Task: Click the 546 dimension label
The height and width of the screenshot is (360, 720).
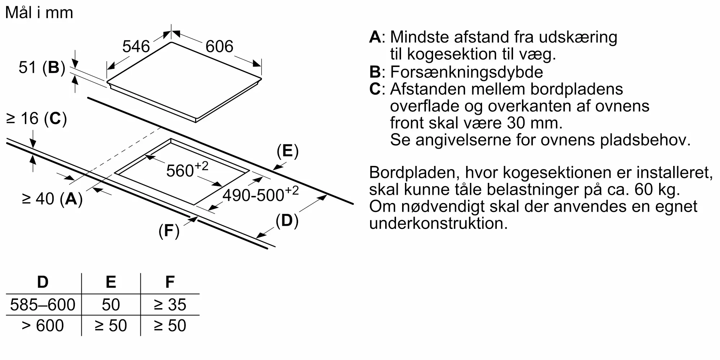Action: (136, 46)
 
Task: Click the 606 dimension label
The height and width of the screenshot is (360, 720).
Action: (219, 46)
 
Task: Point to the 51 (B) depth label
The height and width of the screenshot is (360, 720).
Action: (42, 68)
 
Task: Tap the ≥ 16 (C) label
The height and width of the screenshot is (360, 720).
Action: (37, 119)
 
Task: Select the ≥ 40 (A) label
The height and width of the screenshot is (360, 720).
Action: (53, 199)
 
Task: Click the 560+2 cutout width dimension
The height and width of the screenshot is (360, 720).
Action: (187, 170)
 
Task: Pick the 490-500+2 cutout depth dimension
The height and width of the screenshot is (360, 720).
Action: (261, 194)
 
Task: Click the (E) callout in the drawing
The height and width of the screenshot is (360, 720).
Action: (288, 151)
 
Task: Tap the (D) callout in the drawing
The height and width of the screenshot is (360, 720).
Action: (287, 221)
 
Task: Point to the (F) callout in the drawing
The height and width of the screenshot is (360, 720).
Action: (169, 231)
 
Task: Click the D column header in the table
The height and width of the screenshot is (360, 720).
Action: (43, 282)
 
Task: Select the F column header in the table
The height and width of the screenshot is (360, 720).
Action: (170, 282)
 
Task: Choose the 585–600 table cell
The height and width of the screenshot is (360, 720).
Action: (43, 305)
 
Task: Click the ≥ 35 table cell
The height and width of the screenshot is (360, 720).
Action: (170, 305)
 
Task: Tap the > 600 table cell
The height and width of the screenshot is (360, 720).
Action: (43, 326)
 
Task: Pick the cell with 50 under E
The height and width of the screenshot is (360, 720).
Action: (111, 305)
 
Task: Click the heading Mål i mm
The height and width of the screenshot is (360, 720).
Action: (39, 13)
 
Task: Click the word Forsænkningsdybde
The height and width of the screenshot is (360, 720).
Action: (467, 72)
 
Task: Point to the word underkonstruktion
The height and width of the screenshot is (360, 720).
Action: (438, 223)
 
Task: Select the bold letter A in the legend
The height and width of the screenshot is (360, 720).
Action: (375, 37)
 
